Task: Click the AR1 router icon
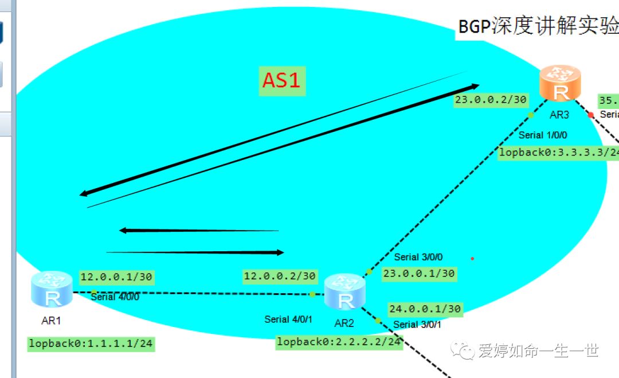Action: [x=52, y=291]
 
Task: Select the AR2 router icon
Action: [x=344, y=293]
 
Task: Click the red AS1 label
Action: [x=281, y=80]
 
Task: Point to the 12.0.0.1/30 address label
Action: [x=116, y=277]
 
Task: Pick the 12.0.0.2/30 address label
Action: [x=280, y=276]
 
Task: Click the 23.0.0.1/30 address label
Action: [x=419, y=274]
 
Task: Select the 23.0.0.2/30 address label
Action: [x=491, y=100]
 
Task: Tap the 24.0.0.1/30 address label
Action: [x=425, y=309]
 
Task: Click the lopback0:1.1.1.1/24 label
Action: [x=91, y=344]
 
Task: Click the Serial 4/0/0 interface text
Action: [x=115, y=297]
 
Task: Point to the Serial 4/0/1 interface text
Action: [x=288, y=319]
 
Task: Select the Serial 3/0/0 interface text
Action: [x=418, y=258]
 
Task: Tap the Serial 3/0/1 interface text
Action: [x=417, y=325]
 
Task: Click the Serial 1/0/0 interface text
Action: [x=543, y=135]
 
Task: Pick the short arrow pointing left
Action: [x=198, y=231]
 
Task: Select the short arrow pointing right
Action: [x=195, y=252]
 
